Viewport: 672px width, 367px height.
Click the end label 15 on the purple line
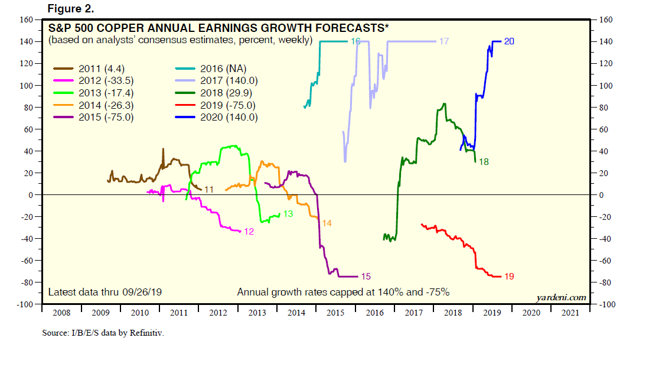pos(366,276)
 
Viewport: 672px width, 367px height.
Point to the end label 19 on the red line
pos(509,276)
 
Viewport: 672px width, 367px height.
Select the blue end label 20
pos(510,41)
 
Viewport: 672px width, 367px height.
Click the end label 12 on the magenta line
pos(249,232)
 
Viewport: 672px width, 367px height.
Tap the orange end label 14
pos(327,223)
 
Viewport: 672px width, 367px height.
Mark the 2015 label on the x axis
pos(335,313)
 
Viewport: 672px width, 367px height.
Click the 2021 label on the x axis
pos(570,313)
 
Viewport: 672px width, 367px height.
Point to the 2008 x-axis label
pos(61,313)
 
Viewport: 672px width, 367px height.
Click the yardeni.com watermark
pos(561,297)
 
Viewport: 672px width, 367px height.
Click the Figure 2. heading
pos(70,9)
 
